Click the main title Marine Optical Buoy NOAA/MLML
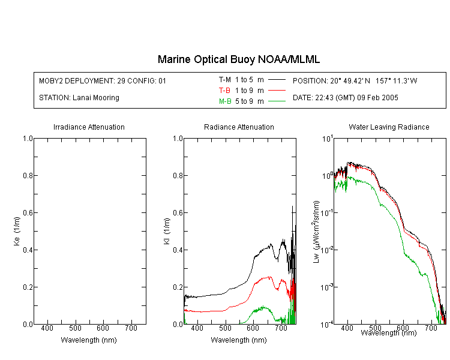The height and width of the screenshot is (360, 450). pyautogui.click(x=239, y=59)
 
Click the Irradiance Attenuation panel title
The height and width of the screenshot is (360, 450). pyautogui.click(x=89, y=127)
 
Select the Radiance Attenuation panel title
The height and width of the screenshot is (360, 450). pyautogui.click(x=239, y=127)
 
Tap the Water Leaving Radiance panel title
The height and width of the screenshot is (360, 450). pyautogui.click(x=389, y=127)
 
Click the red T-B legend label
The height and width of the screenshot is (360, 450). pyautogui.click(x=224, y=91)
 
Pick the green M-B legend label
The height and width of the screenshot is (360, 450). pyautogui.click(x=225, y=101)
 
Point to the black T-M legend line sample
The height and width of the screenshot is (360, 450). pyautogui.click(x=277, y=80)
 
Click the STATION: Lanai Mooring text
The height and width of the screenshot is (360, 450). pyautogui.click(x=79, y=98)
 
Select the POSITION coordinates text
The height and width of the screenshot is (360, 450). pyautogui.click(x=355, y=80)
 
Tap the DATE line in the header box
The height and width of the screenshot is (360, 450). pyautogui.click(x=345, y=98)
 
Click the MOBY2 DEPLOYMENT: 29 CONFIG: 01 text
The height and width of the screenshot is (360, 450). pyautogui.click(x=103, y=80)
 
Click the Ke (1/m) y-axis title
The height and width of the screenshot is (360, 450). pyautogui.click(x=17, y=231)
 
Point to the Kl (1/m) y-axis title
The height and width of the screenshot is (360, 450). pyautogui.click(x=167, y=231)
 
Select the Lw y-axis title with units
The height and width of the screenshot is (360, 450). pyautogui.click(x=316, y=232)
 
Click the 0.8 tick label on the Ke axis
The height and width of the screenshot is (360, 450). pyautogui.click(x=28, y=175)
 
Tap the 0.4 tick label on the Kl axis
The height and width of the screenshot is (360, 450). pyautogui.click(x=178, y=250)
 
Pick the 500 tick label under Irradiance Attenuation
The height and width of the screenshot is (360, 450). pyautogui.click(x=75, y=328)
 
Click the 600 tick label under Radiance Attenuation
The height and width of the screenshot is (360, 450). pyautogui.click(x=253, y=328)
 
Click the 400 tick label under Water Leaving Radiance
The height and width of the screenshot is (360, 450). pyautogui.click(x=347, y=328)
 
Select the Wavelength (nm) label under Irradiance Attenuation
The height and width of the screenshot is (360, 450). pyautogui.click(x=89, y=340)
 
